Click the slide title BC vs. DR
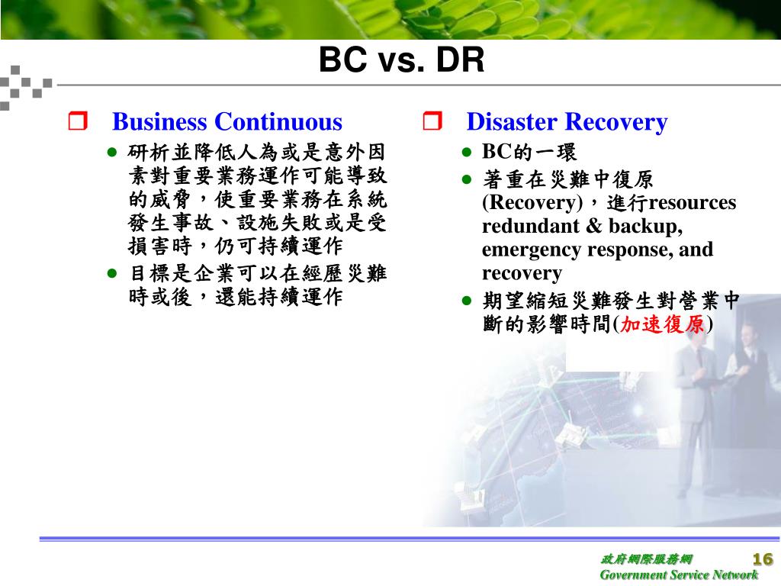pyautogui.click(x=401, y=60)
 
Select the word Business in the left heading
pyautogui.click(x=159, y=121)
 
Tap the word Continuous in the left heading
pyautogui.click(x=278, y=121)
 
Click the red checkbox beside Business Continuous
pyautogui.click(x=78, y=121)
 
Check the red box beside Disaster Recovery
pyautogui.click(x=432, y=121)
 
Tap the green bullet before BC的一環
pyautogui.click(x=466, y=152)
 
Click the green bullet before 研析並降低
pyautogui.click(x=112, y=152)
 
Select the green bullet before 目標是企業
pyautogui.click(x=112, y=273)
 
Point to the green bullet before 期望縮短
pyautogui.click(x=466, y=301)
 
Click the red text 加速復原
pyautogui.click(x=662, y=324)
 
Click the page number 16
pyautogui.click(x=763, y=559)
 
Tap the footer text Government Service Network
pyautogui.click(x=679, y=575)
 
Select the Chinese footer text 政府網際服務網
pyautogui.click(x=647, y=559)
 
